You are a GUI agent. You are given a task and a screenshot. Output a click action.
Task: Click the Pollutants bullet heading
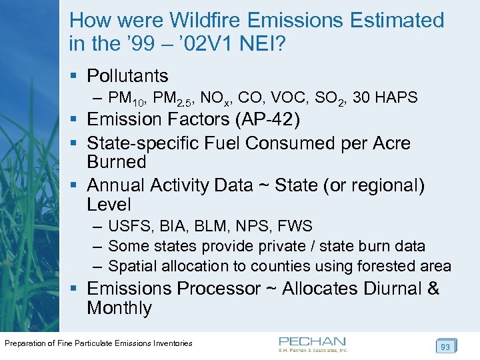pos(127,76)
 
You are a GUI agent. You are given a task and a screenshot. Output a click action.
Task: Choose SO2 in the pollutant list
pos(328,99)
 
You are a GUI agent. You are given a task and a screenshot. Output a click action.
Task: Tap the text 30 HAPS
pos(385,98)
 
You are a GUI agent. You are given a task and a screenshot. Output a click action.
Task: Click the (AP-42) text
pos(273,120)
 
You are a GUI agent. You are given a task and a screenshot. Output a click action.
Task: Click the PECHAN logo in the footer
pos(313,343)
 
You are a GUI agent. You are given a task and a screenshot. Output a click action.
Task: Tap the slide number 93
pos(445,346)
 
